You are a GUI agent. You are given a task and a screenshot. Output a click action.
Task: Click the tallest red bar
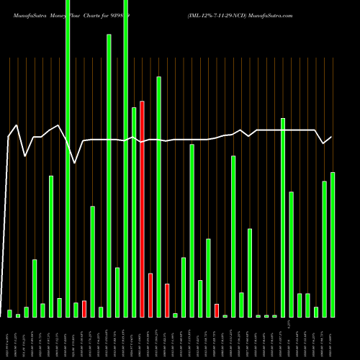(x=142, y=209)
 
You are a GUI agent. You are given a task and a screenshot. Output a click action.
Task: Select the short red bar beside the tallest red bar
(x=150, y=295)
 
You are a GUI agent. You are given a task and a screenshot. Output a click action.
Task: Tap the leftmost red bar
(x=84, y=309)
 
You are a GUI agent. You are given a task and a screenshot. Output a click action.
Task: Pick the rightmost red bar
(x=217, y=310)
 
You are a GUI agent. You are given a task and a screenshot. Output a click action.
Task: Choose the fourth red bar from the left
(x=167, y=300)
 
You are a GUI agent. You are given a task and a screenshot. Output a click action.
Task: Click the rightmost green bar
(x=333, y=245)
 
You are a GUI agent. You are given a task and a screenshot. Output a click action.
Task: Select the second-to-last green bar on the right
(x=324, y=249)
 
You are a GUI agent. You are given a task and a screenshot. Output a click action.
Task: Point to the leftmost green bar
(x=9, y=313)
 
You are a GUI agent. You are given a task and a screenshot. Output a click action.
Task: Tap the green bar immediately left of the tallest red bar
(x=134, y=212)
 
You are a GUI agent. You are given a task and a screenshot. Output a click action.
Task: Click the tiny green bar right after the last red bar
(x=225, y=315)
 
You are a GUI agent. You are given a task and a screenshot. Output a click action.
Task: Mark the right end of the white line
(x=332, y=137)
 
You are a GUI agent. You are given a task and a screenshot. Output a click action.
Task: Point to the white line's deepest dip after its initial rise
(x=76, y=163)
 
